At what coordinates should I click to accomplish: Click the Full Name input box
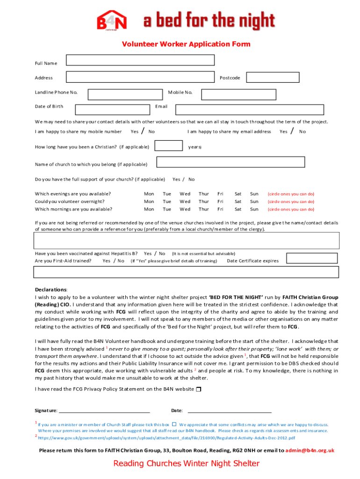click(x=140, y=60)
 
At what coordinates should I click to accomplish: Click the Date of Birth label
click(x=49, y=107)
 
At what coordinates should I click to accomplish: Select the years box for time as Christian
click(x=168, y=146)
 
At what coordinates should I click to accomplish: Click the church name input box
click(x=230, y=162)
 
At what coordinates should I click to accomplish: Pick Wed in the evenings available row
click(x=185, y=194)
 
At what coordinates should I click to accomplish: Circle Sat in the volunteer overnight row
click(x=238, y=202)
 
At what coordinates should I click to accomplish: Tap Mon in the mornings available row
click(x=149, y=210)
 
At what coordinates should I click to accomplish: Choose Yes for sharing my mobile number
click(x=134, y=132)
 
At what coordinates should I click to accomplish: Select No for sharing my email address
click(x=302, y=132)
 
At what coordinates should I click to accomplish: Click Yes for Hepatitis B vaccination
click(x=147, y=254)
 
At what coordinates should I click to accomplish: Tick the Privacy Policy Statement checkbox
click(x=199, y=390)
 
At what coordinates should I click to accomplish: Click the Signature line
click(x=104, y=411)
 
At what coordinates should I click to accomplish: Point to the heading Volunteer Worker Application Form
click(x=186, y=44)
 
